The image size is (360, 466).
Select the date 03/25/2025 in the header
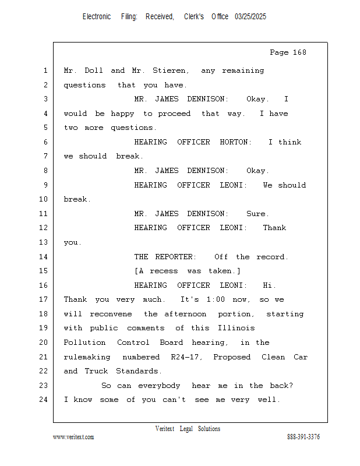[x=250, y=17]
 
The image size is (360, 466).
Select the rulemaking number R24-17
[x=184, y=357]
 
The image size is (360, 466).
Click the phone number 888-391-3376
[x=303, y=437]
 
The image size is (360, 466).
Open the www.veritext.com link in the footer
[x=73, y=437]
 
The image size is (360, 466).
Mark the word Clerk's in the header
[x=194, y=17]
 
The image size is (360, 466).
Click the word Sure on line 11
[x=257, y=214]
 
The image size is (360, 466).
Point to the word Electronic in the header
[x=97, y=17]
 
